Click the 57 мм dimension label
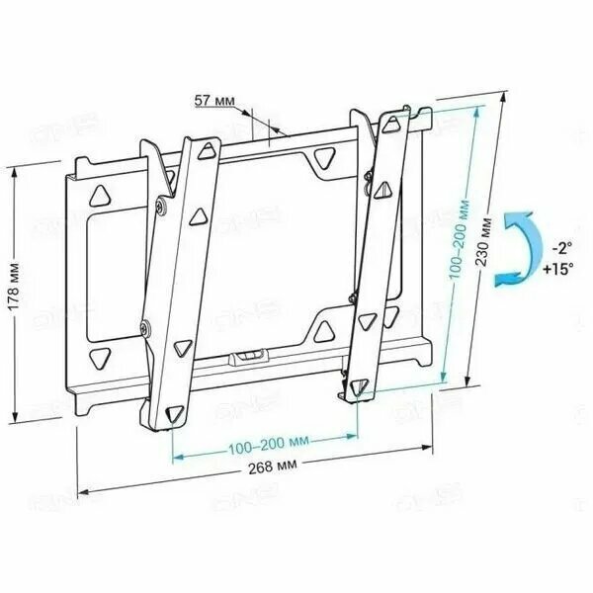[x=214, y=101]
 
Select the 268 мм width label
[x=273, y=466]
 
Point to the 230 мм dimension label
[x=483, y=242]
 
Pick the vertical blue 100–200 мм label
[x=460, y=239]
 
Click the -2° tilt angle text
[x=561, y=248]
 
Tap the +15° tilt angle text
[x=557, y=269]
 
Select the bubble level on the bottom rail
[x=250, y=357]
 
